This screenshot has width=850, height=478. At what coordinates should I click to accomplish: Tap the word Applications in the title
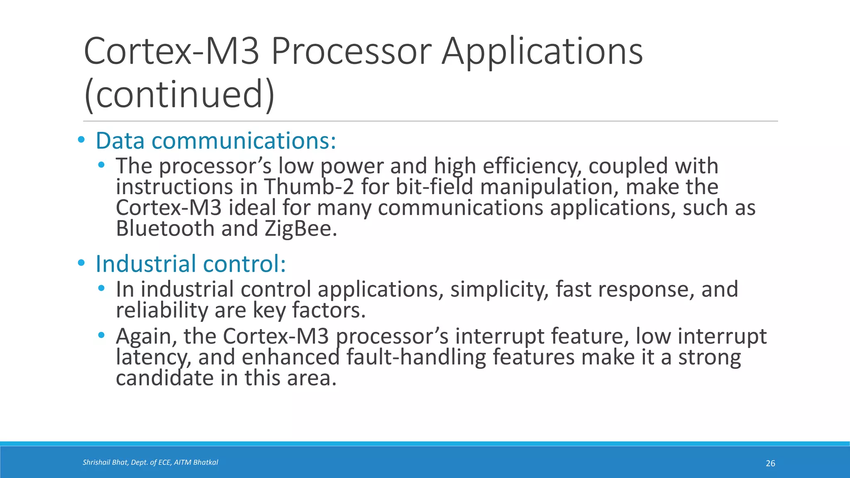point(542,51)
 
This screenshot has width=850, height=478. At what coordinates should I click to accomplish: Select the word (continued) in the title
point(179,95)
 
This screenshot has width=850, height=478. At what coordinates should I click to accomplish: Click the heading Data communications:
point(216,141)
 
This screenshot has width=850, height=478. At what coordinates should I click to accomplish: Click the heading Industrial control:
point(191,264)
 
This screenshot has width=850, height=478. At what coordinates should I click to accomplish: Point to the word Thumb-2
point(309,187)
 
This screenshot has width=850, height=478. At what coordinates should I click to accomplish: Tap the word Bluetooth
point(165,229)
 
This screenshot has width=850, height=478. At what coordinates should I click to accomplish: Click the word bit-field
point(434,187)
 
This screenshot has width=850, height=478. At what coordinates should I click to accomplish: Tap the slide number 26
point(770,463)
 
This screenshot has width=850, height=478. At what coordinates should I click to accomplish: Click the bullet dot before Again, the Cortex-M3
point(101,335)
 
